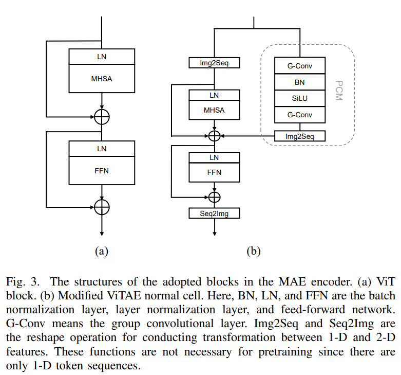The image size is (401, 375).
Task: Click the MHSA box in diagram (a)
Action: click(x=102, y=79)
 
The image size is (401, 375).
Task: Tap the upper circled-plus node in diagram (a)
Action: click(x=102, y=117)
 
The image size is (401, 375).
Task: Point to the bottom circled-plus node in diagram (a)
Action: click(x=102, y=206)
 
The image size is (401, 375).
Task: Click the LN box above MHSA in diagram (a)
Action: click(x=102, y=57)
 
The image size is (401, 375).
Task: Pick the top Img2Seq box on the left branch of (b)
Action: click(x=214, y=63)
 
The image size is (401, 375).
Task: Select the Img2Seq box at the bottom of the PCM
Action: click(x=300, y=136)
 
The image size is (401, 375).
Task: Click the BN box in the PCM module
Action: click(x=300, y=82)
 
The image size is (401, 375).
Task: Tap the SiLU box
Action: click(x=300, y=98)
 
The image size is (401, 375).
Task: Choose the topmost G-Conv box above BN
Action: click(x=300, y=65)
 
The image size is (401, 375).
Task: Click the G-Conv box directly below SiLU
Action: click(x=300, y=115)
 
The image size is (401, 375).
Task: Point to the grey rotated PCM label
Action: click(x=338, y=90)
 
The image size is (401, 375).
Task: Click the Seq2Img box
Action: click(x=214, y=213)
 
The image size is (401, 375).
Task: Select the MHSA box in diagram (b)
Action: click(x=215, y=110)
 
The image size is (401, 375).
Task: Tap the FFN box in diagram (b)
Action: click(x=215, y=172)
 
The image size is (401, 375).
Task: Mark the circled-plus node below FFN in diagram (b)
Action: click(x=215, y=197)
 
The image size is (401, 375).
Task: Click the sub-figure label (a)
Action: click(x=102, y=251)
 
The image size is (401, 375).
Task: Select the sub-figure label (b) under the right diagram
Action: click(x=254, y=251)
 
